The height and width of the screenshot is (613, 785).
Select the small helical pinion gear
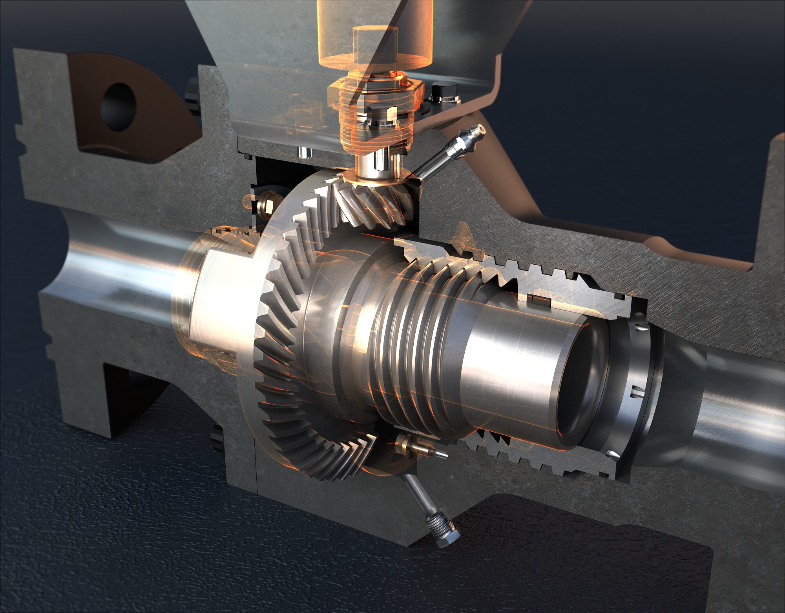[377, 204]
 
